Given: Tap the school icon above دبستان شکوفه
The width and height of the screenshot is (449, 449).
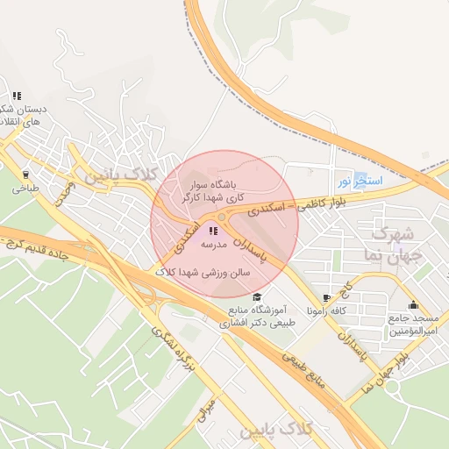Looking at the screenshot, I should point(17,96).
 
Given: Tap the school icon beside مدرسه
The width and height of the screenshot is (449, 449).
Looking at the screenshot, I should point(213,231).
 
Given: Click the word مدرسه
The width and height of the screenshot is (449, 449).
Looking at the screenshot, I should point(215,245).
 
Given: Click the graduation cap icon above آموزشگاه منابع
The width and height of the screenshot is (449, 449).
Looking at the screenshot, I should point(257,296).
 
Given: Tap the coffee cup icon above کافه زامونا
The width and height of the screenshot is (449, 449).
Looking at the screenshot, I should point(327,298).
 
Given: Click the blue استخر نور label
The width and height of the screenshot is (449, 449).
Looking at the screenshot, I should point(357,182).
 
